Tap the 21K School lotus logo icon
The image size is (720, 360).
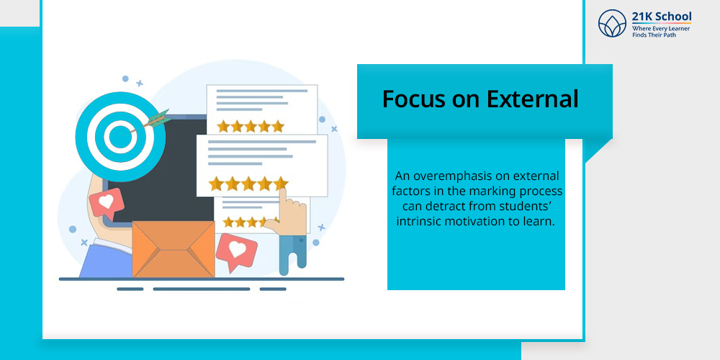pos(612,24)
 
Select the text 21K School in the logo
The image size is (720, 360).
pos(662,17)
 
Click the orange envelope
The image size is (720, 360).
pos(173,249)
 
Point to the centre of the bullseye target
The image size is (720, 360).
pos(120,136)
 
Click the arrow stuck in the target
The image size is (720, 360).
pos(150,120)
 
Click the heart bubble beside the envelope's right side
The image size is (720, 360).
pos(236,251)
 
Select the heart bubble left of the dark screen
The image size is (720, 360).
pos(106,203)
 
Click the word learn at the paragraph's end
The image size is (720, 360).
pos(542,221)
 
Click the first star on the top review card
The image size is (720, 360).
pos(224,126)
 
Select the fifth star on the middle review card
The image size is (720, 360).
pos(281,184)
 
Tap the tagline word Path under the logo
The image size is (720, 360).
pos(670,35)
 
